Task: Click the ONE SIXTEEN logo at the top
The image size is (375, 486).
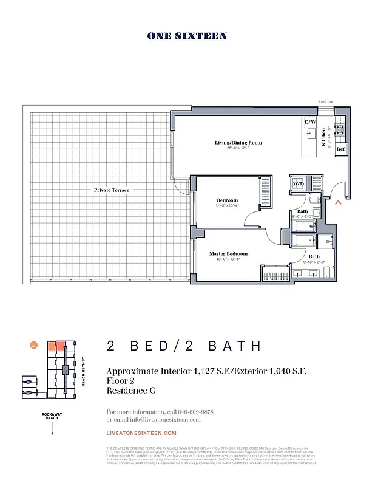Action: pyautogui.click(x=187, y=36)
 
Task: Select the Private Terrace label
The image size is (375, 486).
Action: pyautogui.click(x=111, y=190)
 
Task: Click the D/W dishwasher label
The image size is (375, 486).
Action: pyautogui.click(x=309, y=123)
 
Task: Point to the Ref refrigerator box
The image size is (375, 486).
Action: pyautogui.click(x=340, y=149)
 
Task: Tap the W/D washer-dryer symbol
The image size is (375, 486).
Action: pyautogui.click(x=299, y=183)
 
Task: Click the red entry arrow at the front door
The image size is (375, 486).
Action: pyautogui.click(x=338, y=202)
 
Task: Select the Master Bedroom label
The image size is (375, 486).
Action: pyautogui.click(x=228, y=254)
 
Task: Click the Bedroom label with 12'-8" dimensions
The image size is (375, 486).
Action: pyautogui.click(x=228, y=200)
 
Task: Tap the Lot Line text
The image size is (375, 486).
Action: pyautogui.click(x=326, y=103)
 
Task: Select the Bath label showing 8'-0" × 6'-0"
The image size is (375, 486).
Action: pyautogui.click(x=302, y=211)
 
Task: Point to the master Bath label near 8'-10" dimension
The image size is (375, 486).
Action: pyautogui.click(x=314, y=257)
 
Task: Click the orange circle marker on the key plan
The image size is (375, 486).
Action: pyautogui.click(x=33, y=345)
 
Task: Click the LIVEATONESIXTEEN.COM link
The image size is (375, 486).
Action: pyautogui.click(x=141, y=433)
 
